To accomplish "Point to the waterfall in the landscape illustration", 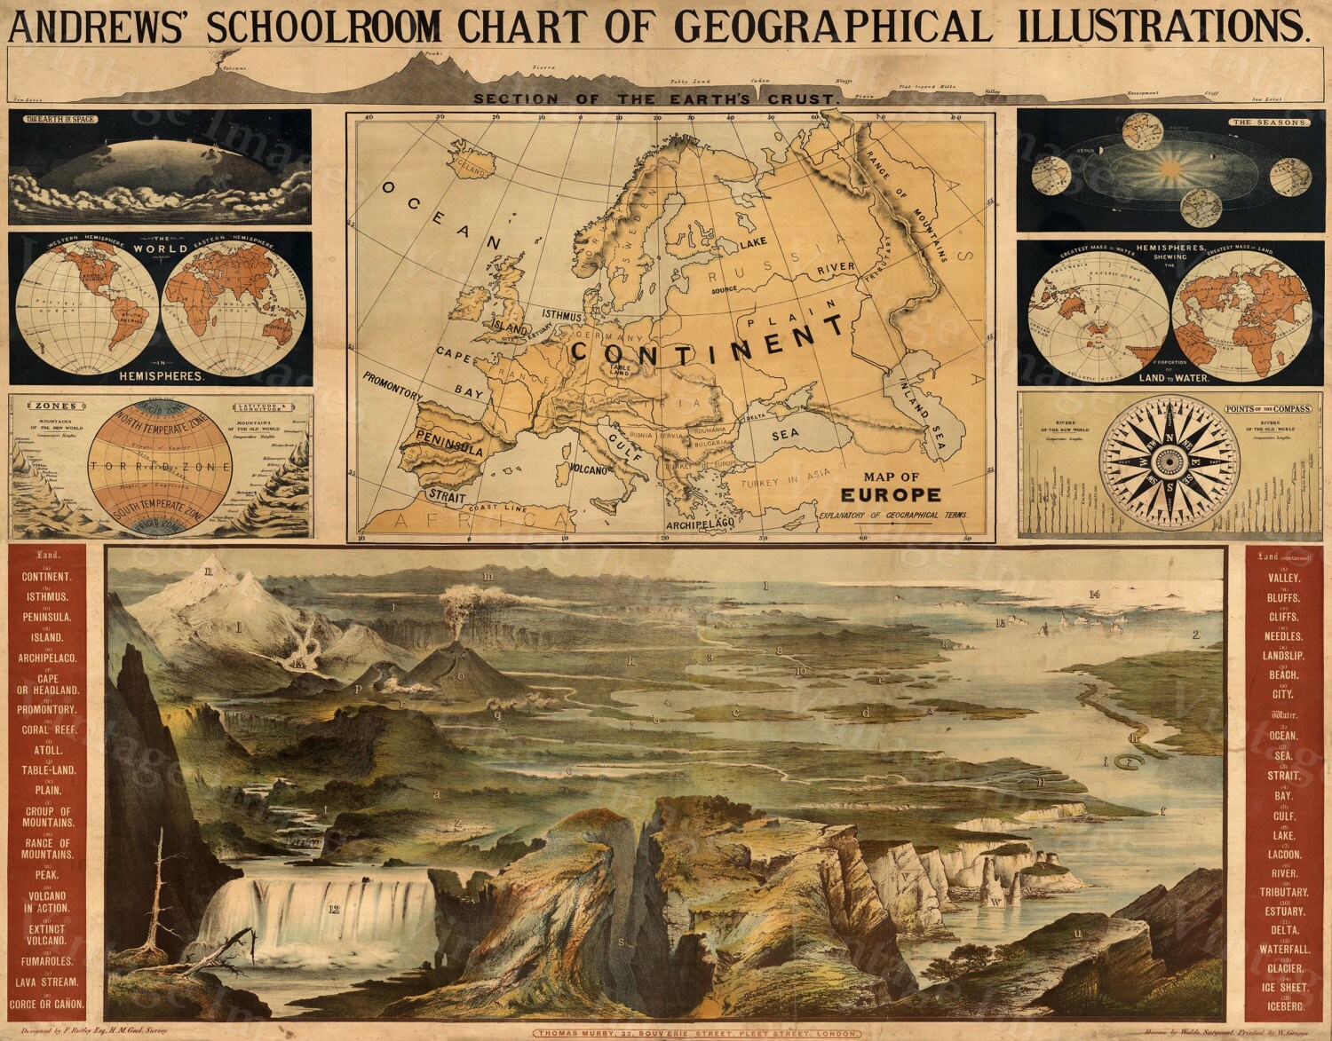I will pyautogui.click(x=315, y=910).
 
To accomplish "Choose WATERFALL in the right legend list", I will pyautogui.click(x=1284, y=949).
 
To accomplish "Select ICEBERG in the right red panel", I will pyautogui.click(x=1284, y=1006).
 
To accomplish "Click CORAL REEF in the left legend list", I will pyautogui.click(x=48, y=730).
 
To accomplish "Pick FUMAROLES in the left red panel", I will pyautogui.click(x=48, y=961).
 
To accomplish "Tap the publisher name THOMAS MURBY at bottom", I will pyautogui.click(x=607, y=1033).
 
